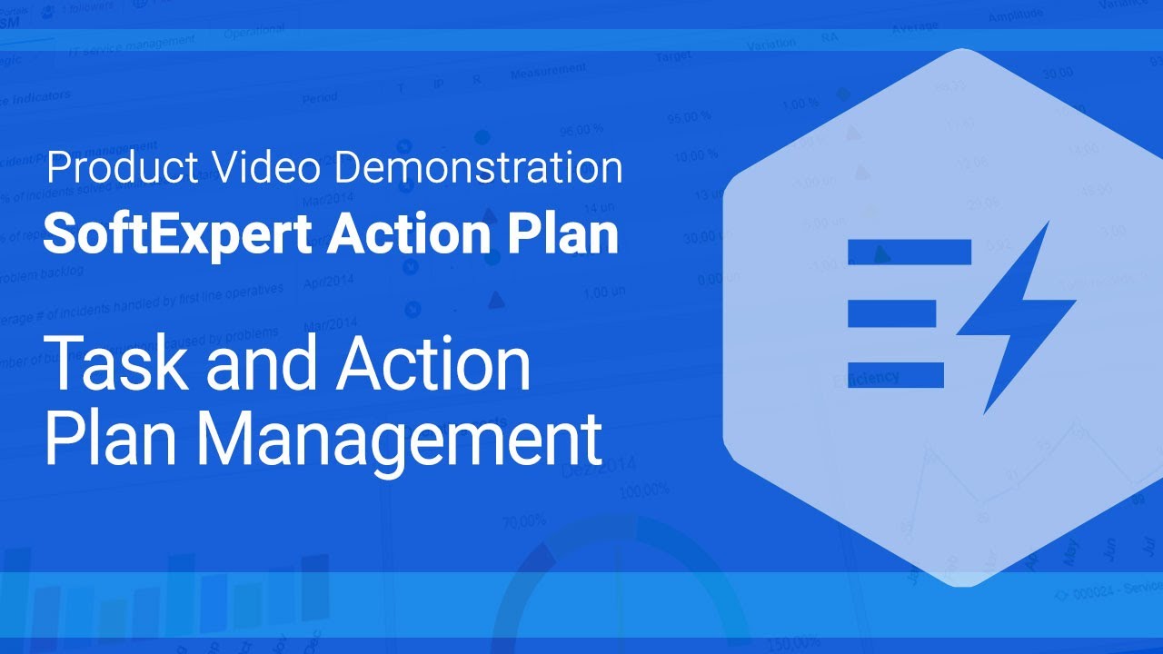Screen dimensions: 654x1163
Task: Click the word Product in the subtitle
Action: click(122, 168)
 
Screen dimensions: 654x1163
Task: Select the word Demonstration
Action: click(478, 168)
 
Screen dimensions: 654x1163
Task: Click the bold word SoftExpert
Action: click(179, 234)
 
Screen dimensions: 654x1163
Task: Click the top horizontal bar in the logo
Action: click(910, 252)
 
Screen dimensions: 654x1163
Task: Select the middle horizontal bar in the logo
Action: click(891, 313)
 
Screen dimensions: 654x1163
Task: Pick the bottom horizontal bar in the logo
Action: click(896, 375)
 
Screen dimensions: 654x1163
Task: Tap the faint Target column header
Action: click(673, 57)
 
